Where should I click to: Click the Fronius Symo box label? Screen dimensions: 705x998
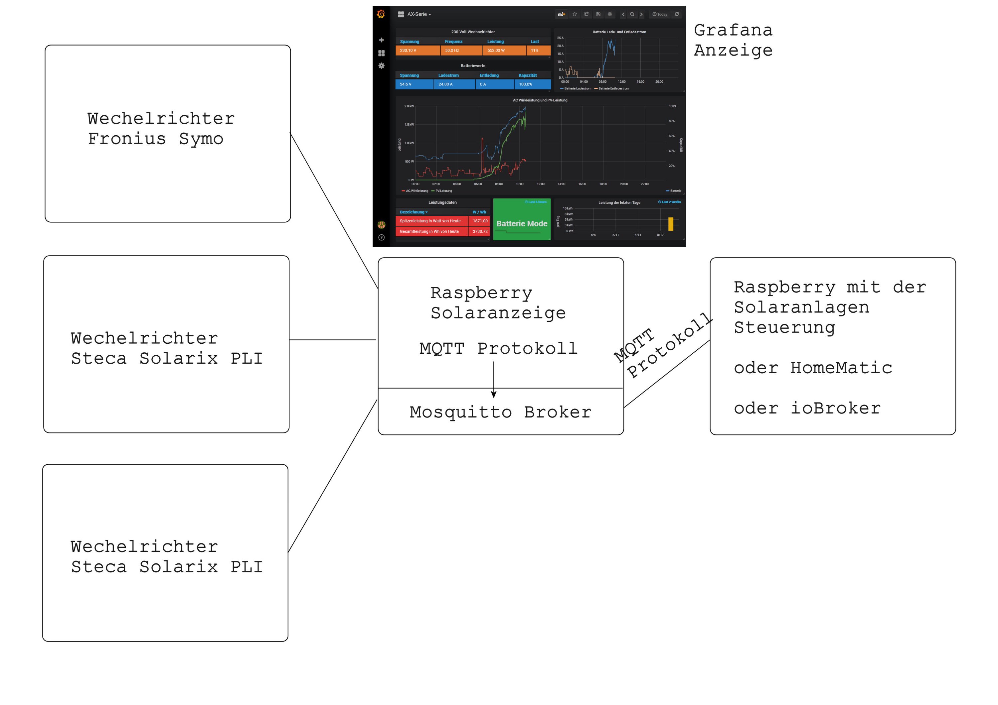click(160, 129)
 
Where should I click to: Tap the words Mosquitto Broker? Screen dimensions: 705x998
click(500, 412)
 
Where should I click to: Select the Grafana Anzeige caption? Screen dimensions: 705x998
click(733, 40)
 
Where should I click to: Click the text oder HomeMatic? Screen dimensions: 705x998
click(812, 368)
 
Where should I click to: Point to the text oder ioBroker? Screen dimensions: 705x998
click(807, 408)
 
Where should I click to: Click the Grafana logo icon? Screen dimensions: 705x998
click(381, 14)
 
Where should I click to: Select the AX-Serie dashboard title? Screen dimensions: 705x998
click(418, 14)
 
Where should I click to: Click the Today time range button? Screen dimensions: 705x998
click(660, 14)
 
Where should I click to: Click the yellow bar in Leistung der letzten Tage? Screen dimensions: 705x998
click(671, 224)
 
